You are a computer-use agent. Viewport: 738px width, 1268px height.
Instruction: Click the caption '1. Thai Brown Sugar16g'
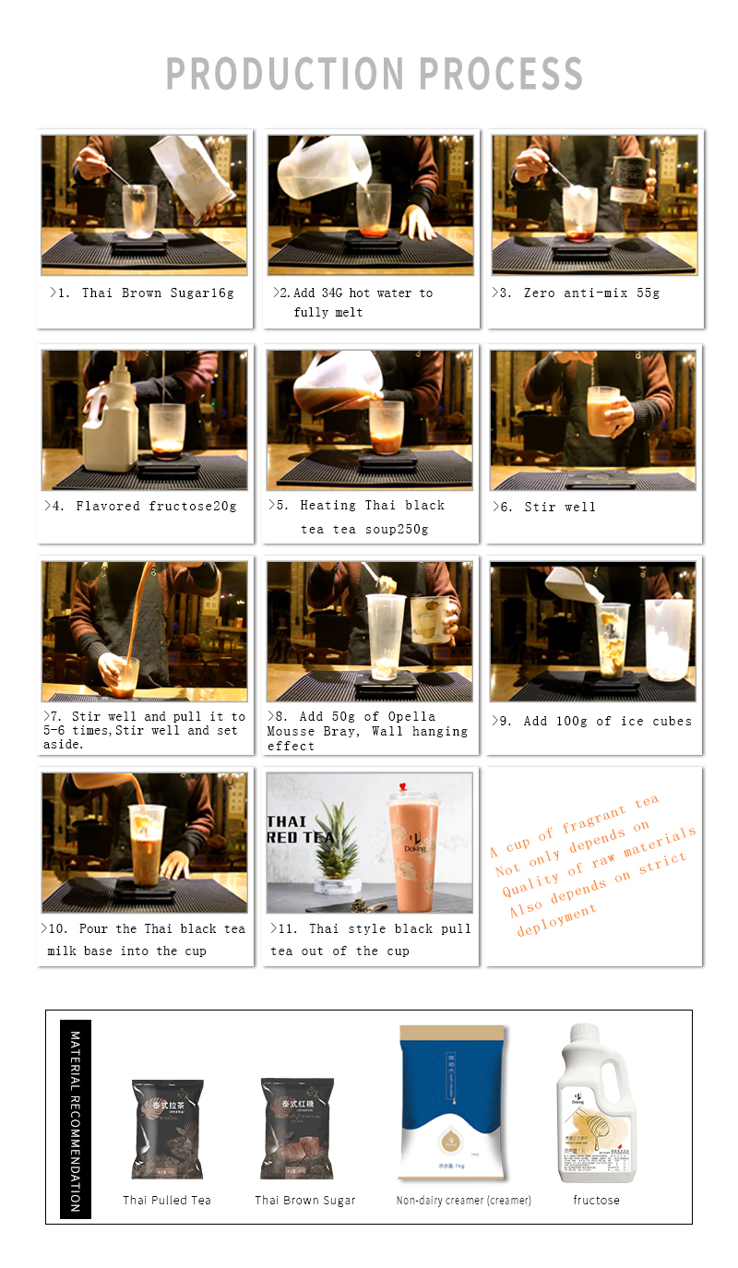[x=142, y=293]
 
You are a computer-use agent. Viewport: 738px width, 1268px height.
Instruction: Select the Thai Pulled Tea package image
[x=167, y=1129]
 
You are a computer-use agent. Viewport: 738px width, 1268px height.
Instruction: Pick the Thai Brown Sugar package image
[x=297, y=1129]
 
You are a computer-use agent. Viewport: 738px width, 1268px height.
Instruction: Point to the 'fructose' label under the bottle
[x=596, y=1201]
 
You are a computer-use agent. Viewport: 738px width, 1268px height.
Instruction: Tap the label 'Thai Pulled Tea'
[x=167, y=1201]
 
